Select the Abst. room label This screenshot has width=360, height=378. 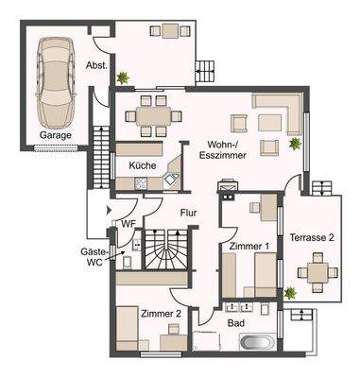click(94, 67)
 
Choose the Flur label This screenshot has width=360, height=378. click(189, 214)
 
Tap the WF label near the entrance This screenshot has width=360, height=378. click(129, 224)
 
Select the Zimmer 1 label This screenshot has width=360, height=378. click(249, 246)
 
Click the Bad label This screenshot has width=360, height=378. click(236, 322)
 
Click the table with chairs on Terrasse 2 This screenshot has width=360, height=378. click(313, 275)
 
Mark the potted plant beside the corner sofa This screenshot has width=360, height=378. click(295, 144)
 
